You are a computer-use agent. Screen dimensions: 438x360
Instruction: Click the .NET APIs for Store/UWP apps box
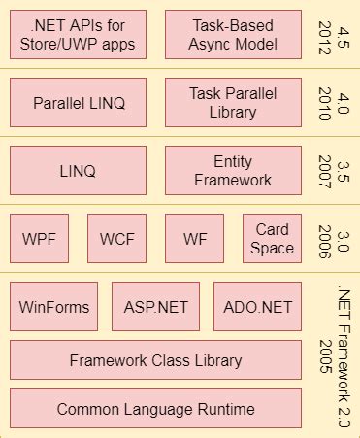(x=78, y=34)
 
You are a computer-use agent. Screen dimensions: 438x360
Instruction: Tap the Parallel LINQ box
(x=78, y=102)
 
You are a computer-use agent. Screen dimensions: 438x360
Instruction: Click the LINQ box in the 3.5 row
(x=78, y=170)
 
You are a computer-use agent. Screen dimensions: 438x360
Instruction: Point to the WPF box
(x=39, y=239)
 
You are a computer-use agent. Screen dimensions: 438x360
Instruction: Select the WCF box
(x=116, y=239)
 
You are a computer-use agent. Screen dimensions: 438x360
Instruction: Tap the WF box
(x=194, y=239)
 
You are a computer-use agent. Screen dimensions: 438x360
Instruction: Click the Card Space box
(x=272, y=239)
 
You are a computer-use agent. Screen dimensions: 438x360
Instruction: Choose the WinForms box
(x=54, y=307)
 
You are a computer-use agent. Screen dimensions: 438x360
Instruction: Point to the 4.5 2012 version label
(x=334, y=34)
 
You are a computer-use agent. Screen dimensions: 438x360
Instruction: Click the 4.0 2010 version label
(x=334, y=102)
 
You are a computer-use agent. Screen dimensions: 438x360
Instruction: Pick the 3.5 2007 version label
(x=334, y=170)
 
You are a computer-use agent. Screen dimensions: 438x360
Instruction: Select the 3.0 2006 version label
(x=334, y=239)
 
